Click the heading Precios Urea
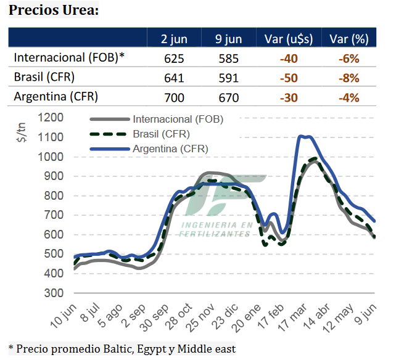tap(53, 11)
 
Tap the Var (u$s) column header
tap(288, 39)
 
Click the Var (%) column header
tap(349, 39)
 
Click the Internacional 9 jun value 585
tap(229, 59)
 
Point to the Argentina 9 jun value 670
tap(229, 97)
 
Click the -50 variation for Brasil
tap(288, 78)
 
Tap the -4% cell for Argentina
tap(349, 97)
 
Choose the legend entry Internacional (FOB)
tap(178, 119)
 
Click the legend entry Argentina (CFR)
tap(170, 149)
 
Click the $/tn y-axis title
tap(21, 132)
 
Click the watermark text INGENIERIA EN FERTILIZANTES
tap(216, 229)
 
